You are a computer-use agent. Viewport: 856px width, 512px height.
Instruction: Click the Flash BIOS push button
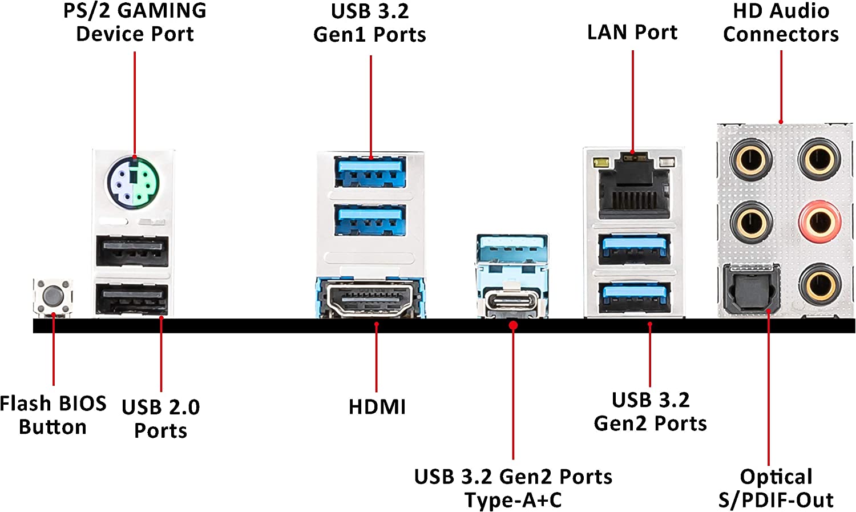53,296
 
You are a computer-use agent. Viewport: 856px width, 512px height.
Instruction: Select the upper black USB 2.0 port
132,251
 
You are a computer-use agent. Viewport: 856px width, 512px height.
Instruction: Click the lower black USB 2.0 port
132,299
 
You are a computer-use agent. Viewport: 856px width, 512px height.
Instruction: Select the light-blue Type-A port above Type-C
512,249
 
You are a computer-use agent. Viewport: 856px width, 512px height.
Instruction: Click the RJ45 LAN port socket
633,187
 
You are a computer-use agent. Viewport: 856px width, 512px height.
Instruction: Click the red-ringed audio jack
819,221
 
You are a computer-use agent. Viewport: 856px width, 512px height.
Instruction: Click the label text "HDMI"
377,407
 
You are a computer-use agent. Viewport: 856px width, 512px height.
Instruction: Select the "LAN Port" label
632,33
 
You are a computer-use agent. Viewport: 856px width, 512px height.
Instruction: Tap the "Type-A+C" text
513,500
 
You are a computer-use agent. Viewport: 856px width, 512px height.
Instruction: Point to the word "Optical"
776,477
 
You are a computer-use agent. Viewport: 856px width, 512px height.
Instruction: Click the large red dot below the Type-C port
513,325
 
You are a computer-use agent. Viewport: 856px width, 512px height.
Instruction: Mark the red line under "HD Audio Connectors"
781,86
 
